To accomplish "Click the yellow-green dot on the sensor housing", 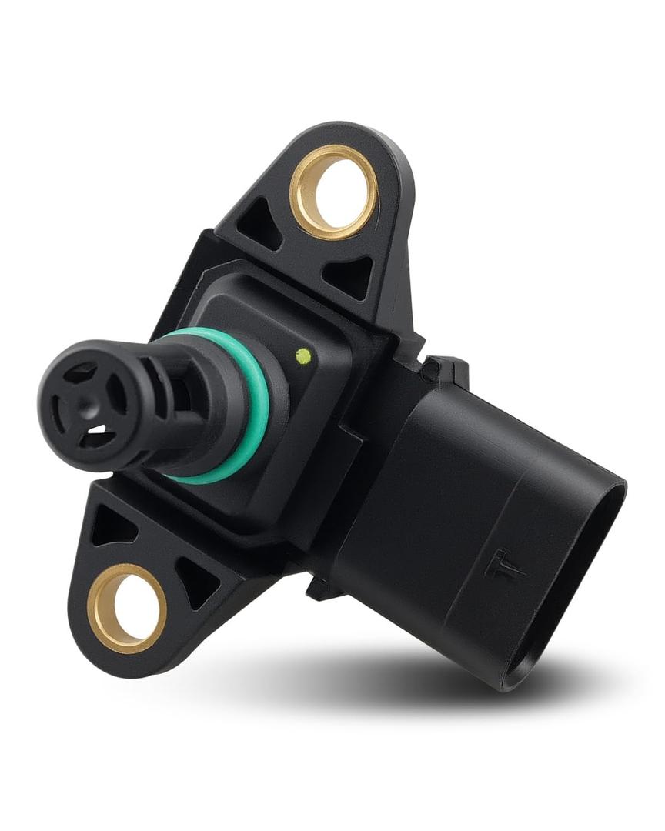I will [303, 355].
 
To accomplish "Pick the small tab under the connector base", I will [322, 589].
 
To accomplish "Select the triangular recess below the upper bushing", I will [349, 274].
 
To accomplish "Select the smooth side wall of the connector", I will [431, 500].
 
